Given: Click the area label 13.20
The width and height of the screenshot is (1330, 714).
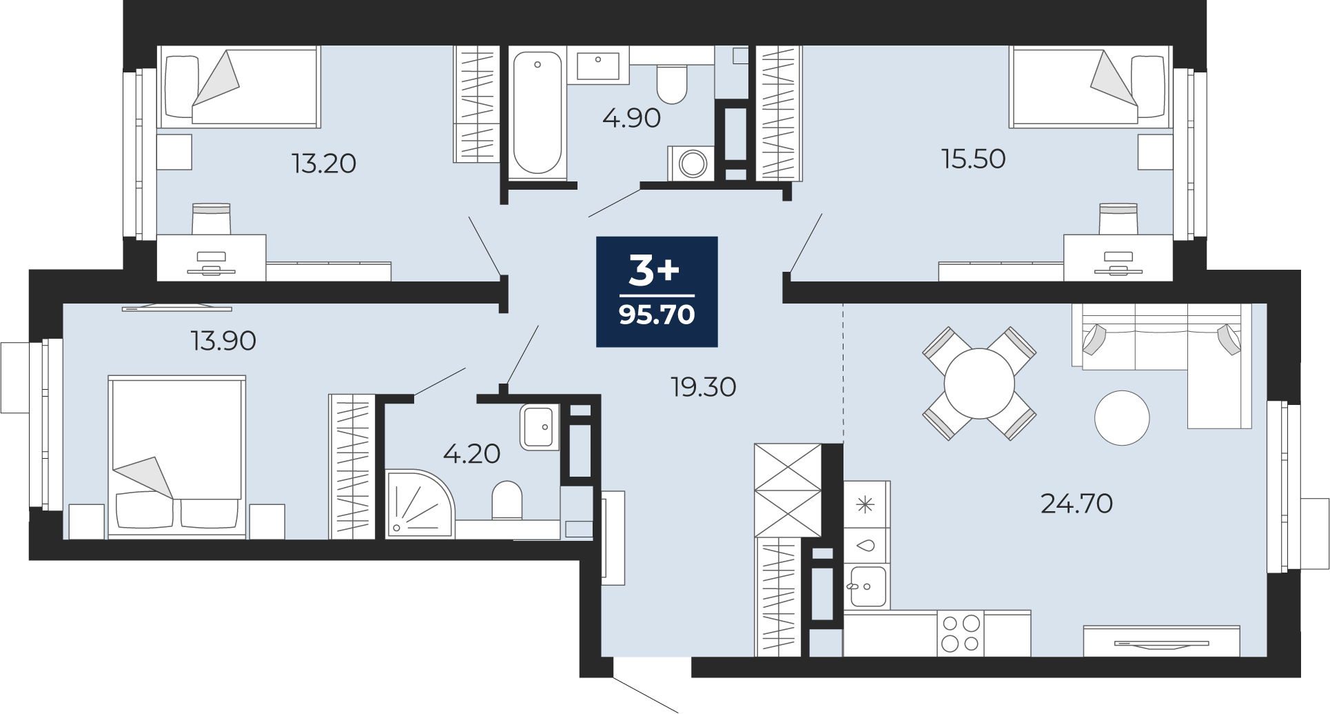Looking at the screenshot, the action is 324,163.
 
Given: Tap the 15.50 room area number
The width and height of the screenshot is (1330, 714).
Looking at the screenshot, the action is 974,159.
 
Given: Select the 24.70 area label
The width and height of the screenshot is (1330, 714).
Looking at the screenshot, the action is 1076,504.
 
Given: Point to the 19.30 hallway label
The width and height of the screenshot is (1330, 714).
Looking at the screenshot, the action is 704,387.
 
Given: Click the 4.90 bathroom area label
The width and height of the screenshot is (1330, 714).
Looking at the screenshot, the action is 631,118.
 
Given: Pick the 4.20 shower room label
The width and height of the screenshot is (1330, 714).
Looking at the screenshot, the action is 471,454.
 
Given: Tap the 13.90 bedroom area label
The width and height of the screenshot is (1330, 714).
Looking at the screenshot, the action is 224,341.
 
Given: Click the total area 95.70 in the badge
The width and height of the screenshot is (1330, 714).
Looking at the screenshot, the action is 657,315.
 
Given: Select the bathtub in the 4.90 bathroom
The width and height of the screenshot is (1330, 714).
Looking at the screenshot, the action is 538,113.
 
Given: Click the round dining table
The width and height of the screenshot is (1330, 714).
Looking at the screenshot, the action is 979,384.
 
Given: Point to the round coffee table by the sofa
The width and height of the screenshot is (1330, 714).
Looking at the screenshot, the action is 1123,418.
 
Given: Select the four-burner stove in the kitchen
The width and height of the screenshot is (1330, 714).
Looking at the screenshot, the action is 961,633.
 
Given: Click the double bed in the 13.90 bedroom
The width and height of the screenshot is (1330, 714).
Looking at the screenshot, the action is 177,456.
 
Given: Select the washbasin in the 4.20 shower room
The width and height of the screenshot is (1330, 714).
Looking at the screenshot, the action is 539,427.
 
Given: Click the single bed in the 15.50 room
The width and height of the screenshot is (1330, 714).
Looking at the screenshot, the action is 1091,87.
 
